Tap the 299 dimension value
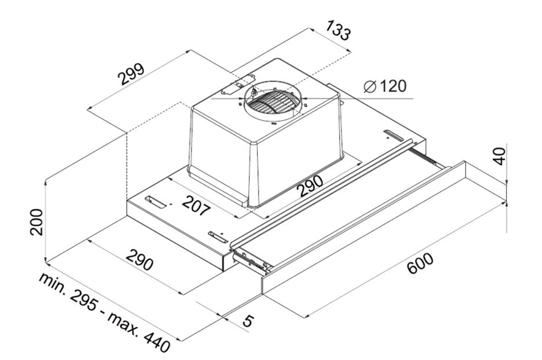click(131, 74)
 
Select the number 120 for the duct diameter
click(392, 86)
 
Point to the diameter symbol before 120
click(369, 86)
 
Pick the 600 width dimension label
click(420, 263)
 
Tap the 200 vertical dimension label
click(37, 222)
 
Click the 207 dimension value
click(196, 206)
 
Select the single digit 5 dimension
click(248, 320)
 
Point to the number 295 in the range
click(84, 300)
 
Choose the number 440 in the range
click(156, 341)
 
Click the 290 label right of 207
click(311, 186)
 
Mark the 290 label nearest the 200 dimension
click(139, 260)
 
